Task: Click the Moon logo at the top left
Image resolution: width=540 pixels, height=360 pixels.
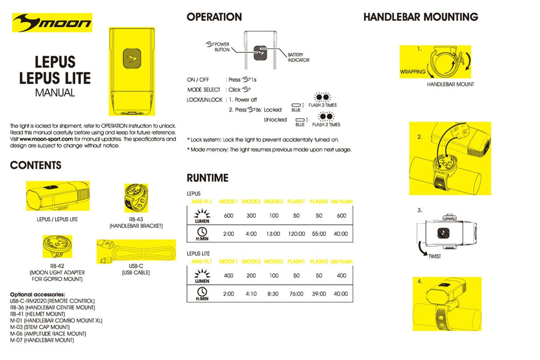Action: pyautogui.click(x=52, y=23)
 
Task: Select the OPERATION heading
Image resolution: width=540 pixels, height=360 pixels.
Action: pyautogui.click(x=214, y=17)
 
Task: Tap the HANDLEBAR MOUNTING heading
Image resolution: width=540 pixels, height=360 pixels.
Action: pyautogui.click(x=420, y=17)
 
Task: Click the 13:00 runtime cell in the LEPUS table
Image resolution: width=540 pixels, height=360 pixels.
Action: pyautogui.click(x=274, y=234)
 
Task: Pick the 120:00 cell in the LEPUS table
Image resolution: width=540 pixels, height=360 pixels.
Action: pyautogui.click(x=296, y=234)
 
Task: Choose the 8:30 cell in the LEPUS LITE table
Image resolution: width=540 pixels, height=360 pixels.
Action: pyautogui.click(x=274, y=294)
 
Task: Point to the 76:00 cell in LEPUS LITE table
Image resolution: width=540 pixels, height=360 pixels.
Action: pyautogui.click(x=296, y=294)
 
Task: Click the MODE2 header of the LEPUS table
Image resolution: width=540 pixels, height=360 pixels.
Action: pyautogui.click(x=251, y=202)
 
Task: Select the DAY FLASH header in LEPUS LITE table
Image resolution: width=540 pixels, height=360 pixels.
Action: pyautogui.click(x=341, y=262)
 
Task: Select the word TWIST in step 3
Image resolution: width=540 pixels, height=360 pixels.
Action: pyautogui.click(x=435, y=257)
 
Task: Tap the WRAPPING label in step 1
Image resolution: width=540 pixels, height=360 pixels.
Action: pyautogui.click(x=412, y=72)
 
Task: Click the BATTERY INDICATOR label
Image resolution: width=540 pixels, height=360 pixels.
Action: pyautogui.click(x=298, y=57)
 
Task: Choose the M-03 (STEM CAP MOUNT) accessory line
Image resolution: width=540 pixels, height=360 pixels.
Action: pyautogui.click(x=40, y=327)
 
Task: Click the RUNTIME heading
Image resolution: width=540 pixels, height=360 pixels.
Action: pyautogui.click(x=207, y=178)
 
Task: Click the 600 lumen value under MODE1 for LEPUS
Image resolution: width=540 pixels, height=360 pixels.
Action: pyautogui.click(x=229, y=216)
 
